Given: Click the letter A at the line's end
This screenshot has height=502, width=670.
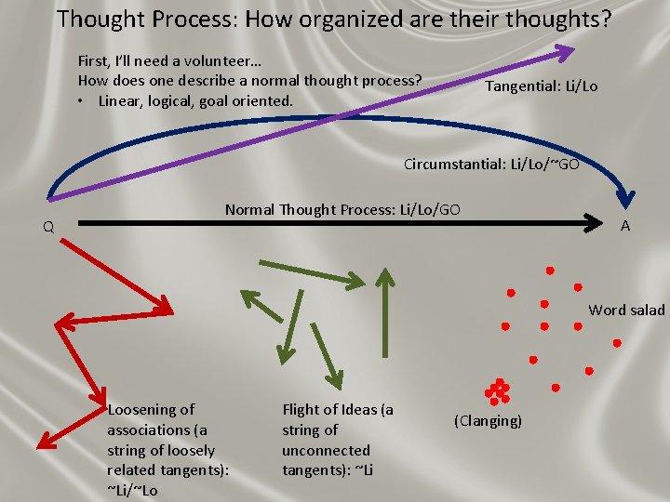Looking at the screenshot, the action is tap(625, 226).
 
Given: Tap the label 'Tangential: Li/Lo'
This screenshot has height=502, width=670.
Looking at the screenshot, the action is tap(542, 86).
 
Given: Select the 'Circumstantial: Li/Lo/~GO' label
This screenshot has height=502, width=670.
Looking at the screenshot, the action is tap(491, 165).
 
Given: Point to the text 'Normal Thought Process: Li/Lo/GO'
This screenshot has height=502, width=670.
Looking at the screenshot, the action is tap(342, 209).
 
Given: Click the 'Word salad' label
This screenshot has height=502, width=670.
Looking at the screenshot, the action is tap(626, 310).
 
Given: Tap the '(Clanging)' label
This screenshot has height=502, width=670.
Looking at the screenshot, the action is tap(488, 421).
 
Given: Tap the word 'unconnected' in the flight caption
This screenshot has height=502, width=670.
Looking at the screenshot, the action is tap(326, 451).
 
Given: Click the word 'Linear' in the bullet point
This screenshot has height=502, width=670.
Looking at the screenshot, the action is tap(122, 100).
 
